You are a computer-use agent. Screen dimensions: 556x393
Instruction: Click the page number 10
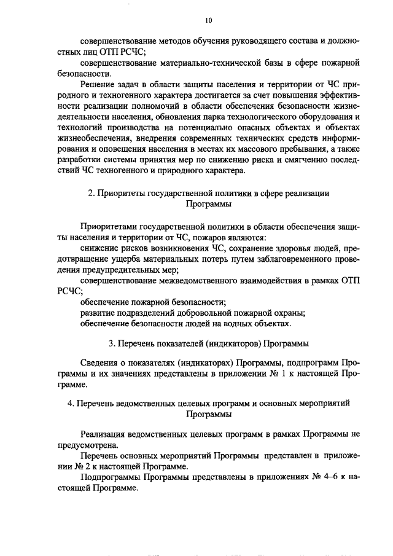[208, 20]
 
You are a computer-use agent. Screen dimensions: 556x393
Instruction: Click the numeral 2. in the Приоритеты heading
[92, 193]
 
